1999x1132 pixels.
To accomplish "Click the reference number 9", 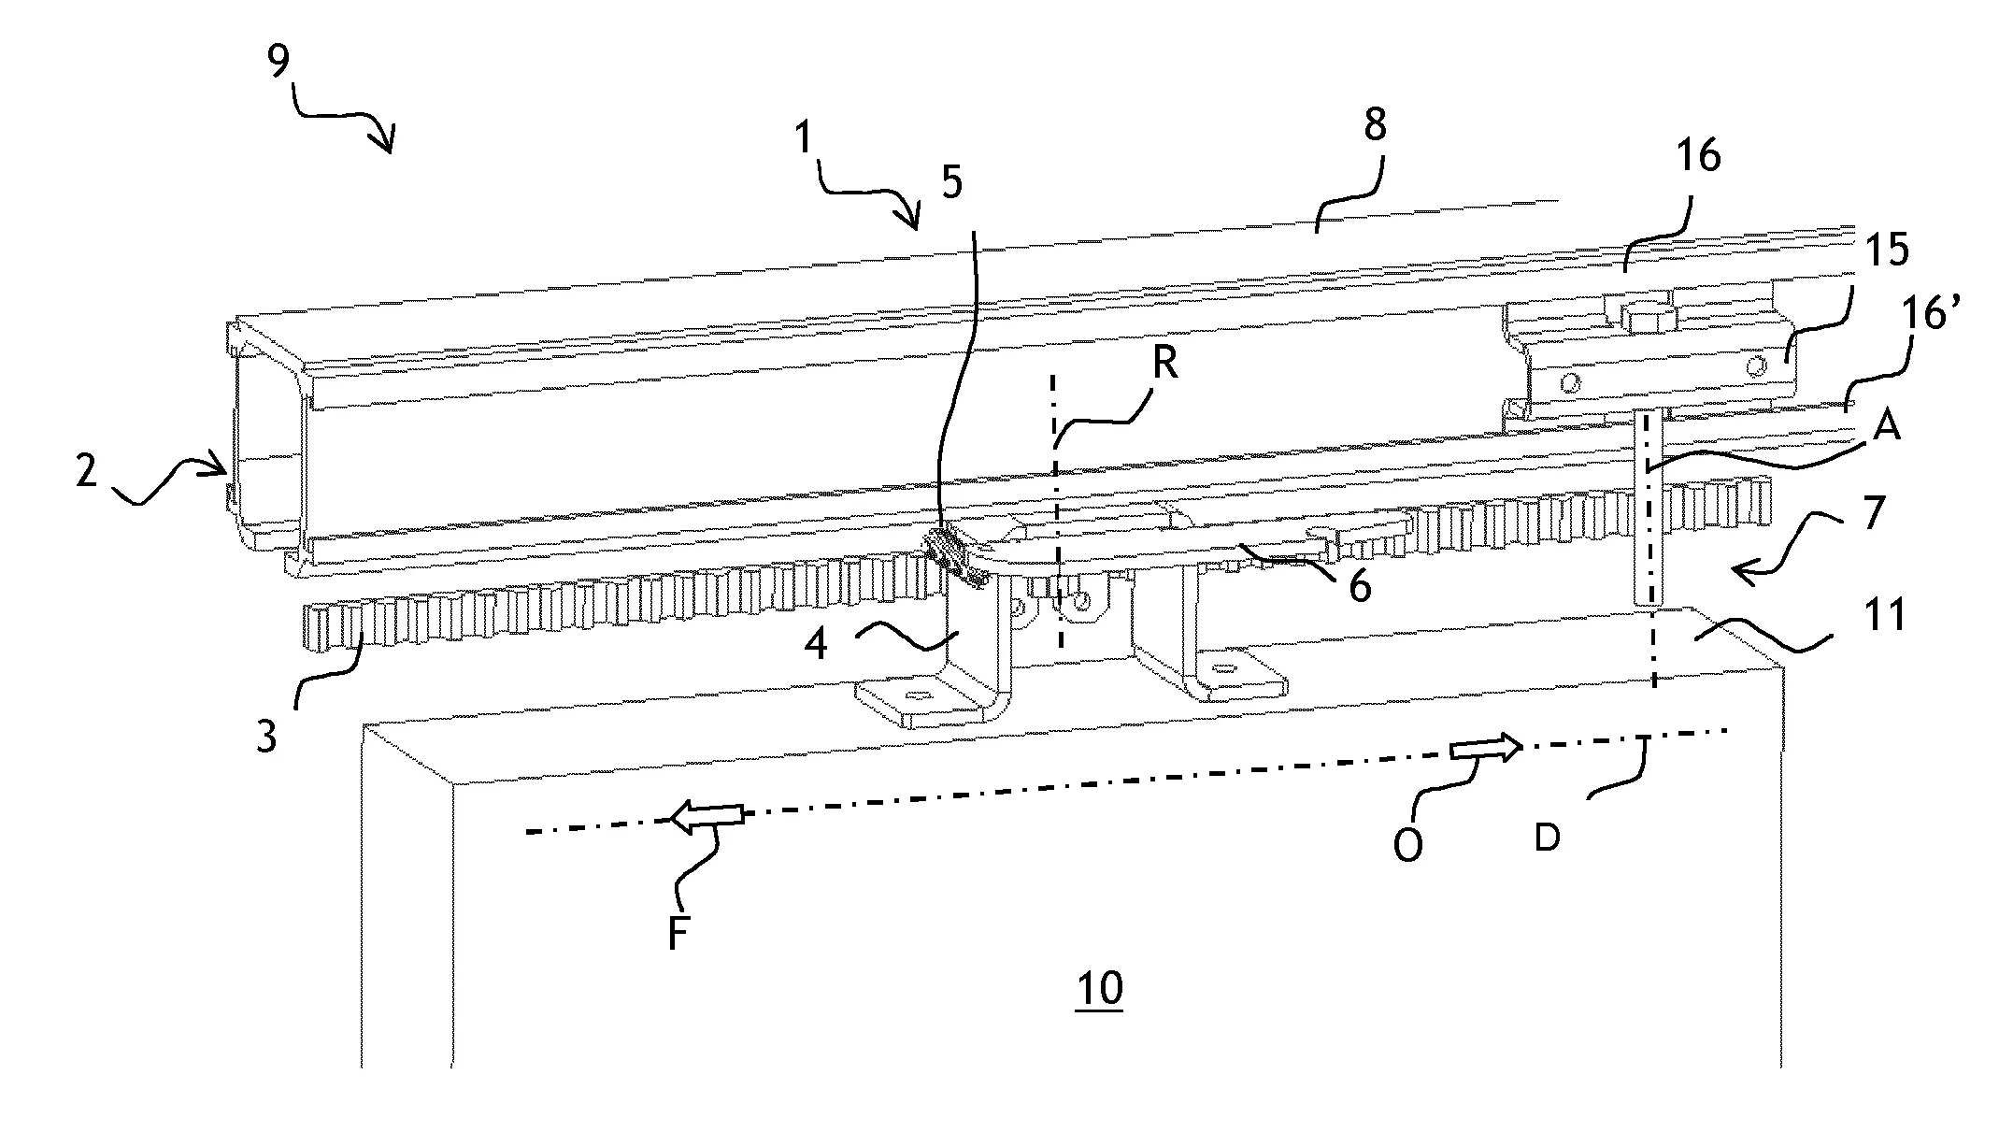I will pyautogui.click(x=278, y=63).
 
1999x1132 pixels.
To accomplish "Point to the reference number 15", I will pyautogui.click(x=1887, y=251).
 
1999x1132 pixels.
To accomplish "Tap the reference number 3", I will pyautogui.click(x=266, y=737).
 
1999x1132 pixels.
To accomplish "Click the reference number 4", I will pyautogui.click(x=816, y=645).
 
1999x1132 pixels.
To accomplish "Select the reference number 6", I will pyautogui.click(x=1359, y=587).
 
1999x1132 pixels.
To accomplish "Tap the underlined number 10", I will pyautogui.click(x=1099, y=988).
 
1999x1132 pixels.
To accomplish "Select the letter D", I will pyautogui.click(x=1547, y=838).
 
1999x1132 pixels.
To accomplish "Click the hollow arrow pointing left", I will pyautogui.click(x=707, y=814).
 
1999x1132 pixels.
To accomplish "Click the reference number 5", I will pyautogui.click(x=950, y=183).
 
